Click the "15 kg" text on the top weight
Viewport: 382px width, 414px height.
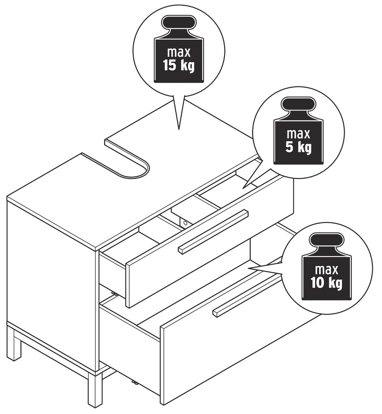(178, 65)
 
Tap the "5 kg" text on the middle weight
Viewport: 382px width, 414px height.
(298, 147)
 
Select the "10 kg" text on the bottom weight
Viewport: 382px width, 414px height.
(326, 283)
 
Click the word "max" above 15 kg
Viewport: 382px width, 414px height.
(178, 52)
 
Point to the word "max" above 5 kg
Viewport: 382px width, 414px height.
(298, 134)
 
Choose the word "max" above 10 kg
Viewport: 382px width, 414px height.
(326, 270)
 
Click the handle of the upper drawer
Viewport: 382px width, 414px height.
(214, 231)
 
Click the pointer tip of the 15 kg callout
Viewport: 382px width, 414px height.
(179, 129)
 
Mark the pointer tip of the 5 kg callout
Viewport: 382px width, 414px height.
(243, 188)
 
